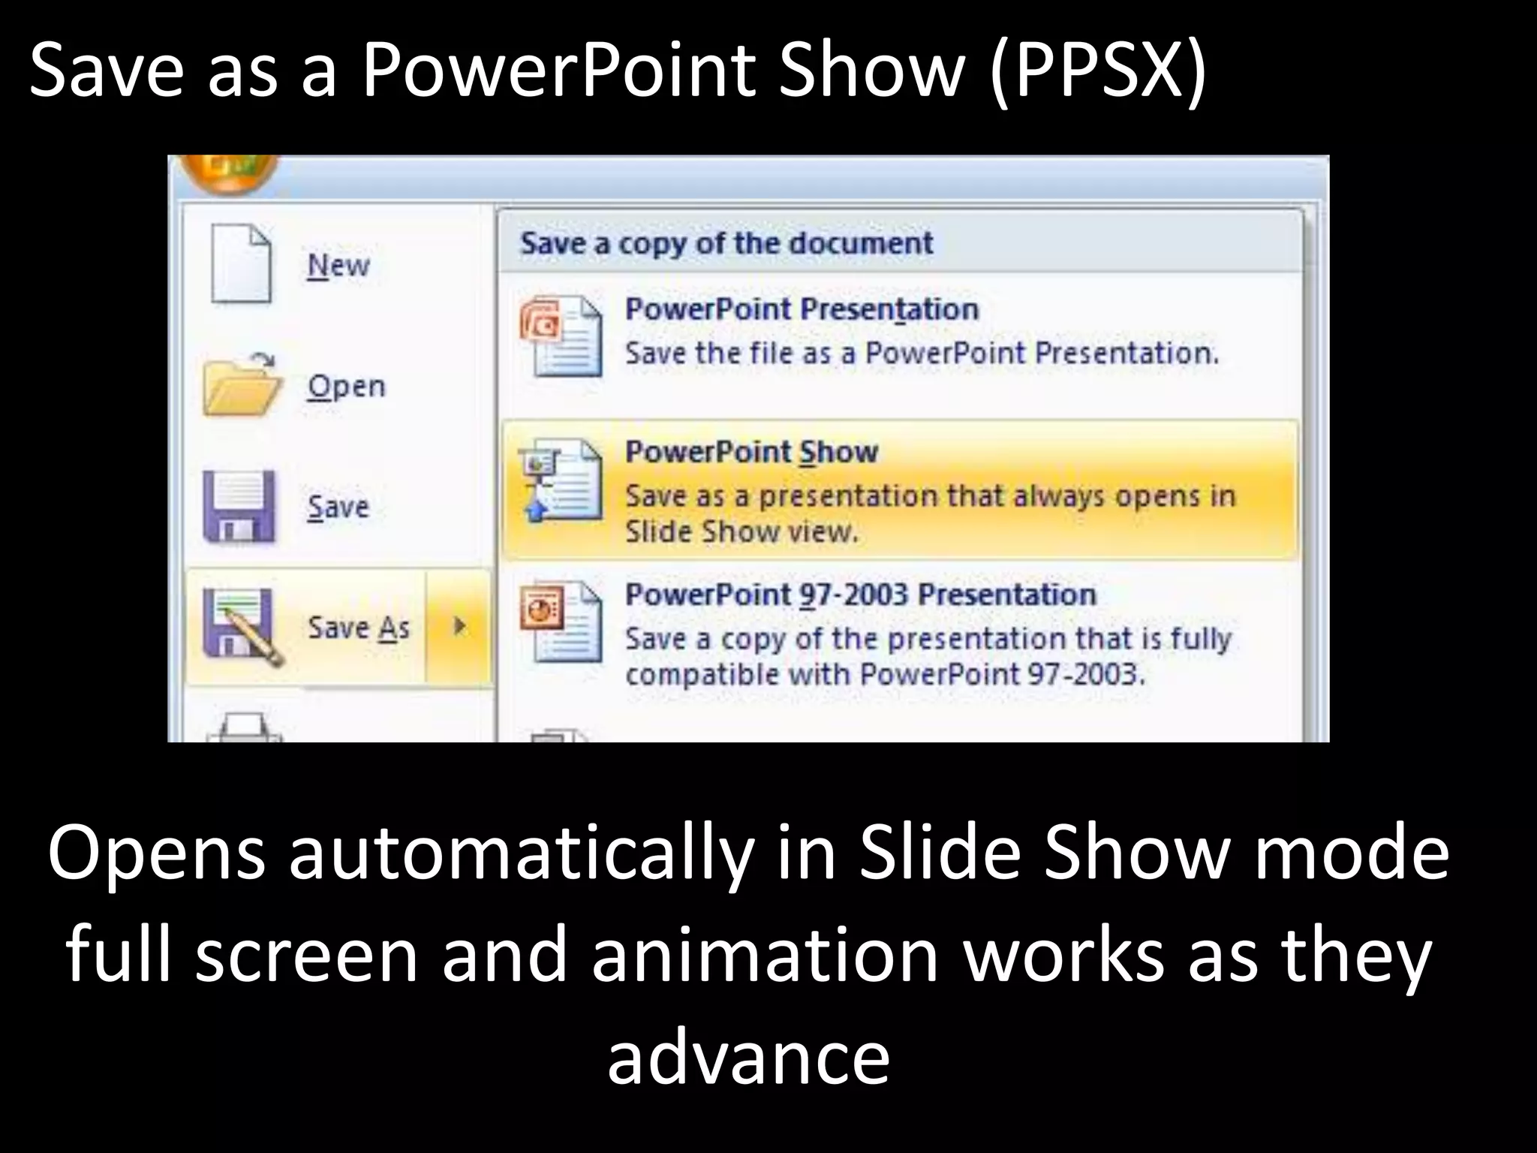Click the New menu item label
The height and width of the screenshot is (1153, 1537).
click(x=338, y=266)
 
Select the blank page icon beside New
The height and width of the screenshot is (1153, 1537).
click(x=241, y=265)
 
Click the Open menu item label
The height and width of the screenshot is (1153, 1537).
click(x=346, y=387)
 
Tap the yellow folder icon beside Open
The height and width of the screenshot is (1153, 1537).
click(x=241, y=386)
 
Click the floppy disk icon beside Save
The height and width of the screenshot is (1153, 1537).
click(x=239, y=507)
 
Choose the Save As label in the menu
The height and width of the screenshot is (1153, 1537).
click(x=359, y=628)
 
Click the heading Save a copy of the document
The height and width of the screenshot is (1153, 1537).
click(x=726, y=243)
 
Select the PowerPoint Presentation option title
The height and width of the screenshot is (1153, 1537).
click(x=802, y=309)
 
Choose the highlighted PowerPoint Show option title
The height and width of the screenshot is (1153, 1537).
click(x=751, y=452)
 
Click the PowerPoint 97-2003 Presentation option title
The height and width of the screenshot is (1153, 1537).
click(x=860, y=595)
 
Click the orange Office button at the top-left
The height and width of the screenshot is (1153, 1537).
click(x=229, y=171)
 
